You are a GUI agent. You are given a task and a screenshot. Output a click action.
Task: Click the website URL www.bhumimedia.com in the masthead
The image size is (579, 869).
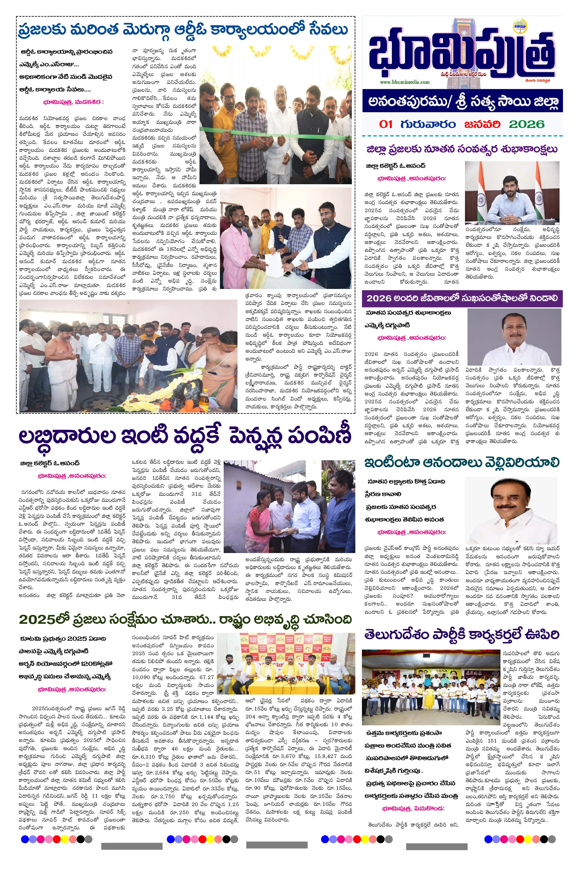[404, 82]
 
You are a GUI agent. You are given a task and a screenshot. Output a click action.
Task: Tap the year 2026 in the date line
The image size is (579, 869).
[526, 124]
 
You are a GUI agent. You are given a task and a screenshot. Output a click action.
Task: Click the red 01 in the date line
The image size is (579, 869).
[385, 124]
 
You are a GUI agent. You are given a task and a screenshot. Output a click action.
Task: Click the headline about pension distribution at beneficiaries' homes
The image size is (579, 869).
[184, 436]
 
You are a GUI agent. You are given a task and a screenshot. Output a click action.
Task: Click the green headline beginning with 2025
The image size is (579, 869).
[185, 620]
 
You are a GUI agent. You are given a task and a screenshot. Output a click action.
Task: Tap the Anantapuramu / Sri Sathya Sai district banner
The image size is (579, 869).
[462, 101]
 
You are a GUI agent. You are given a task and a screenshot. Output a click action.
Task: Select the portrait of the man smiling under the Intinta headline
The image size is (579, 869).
[511, 510]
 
